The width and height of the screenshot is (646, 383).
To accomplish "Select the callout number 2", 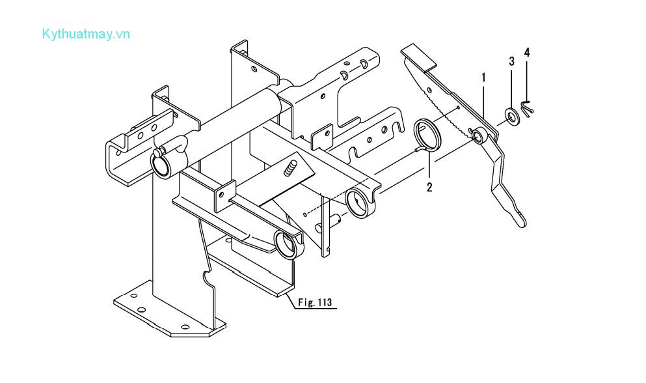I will pos(429,188).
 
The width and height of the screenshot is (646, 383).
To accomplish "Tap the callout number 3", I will pos(511,61).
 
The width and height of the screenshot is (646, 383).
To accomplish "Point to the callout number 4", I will pos(527,52).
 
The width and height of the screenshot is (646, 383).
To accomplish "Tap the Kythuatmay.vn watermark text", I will pos(85,34).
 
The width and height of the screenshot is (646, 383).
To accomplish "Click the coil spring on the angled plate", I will pos(291,168).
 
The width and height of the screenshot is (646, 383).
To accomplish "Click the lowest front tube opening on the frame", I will pos(287,245).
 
